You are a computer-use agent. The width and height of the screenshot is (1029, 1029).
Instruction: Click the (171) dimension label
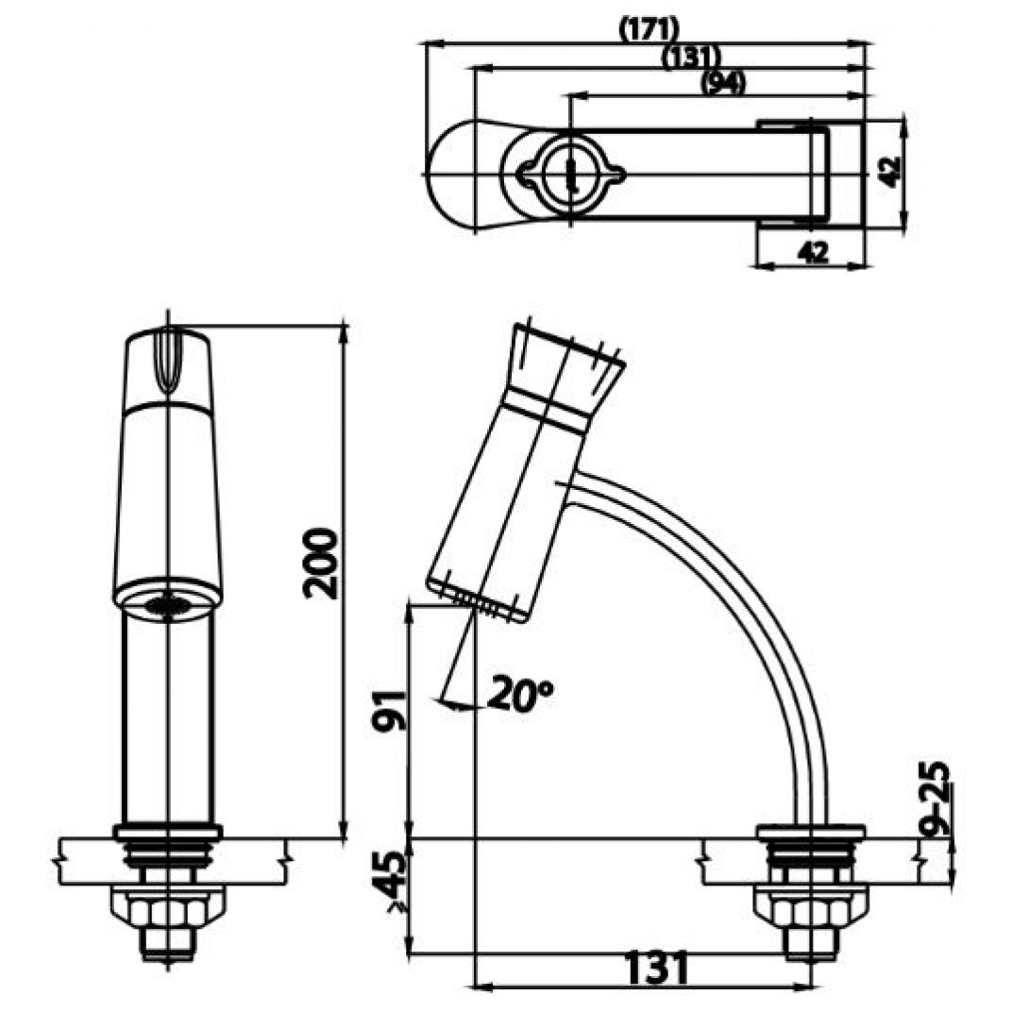pos(649,29)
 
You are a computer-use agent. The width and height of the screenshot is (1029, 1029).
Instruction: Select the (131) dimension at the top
pos(691,57)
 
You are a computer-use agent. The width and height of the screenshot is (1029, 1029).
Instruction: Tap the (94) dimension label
pos(723,83)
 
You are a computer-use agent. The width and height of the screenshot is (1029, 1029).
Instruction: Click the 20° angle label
pos(520,694)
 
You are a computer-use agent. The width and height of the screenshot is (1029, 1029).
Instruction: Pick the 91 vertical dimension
pos(389,711)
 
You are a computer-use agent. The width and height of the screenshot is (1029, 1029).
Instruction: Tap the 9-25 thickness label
pos(934,799)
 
